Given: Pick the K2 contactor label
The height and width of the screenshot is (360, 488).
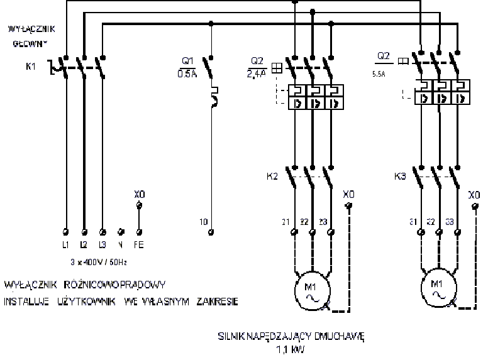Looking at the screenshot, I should (x=272, y=177).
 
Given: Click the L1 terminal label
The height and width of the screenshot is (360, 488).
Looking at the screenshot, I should (x=66, y=243).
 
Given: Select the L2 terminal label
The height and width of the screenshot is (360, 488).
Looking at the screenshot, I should (x=84, y=243).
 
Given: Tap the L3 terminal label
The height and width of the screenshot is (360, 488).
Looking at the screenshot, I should (x=103, y=243).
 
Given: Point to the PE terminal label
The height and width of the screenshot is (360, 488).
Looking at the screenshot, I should (x=139, y=243).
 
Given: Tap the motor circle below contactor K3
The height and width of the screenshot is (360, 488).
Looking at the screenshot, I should (x=438, y=288).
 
